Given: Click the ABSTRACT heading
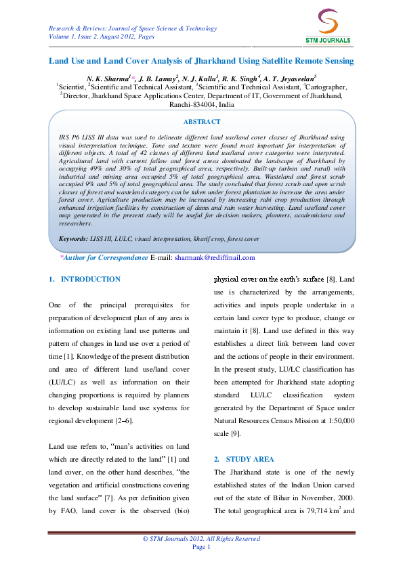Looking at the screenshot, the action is (202, 122).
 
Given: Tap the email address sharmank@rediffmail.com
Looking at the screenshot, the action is (214, 258).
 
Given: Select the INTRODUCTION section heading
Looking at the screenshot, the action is (90, 279).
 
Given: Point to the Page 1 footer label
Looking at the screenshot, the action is (202, 546).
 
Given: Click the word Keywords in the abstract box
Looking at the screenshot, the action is (72, 239).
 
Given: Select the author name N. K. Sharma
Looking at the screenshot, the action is (105, 79).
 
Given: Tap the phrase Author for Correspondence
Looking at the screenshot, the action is (96, 258).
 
